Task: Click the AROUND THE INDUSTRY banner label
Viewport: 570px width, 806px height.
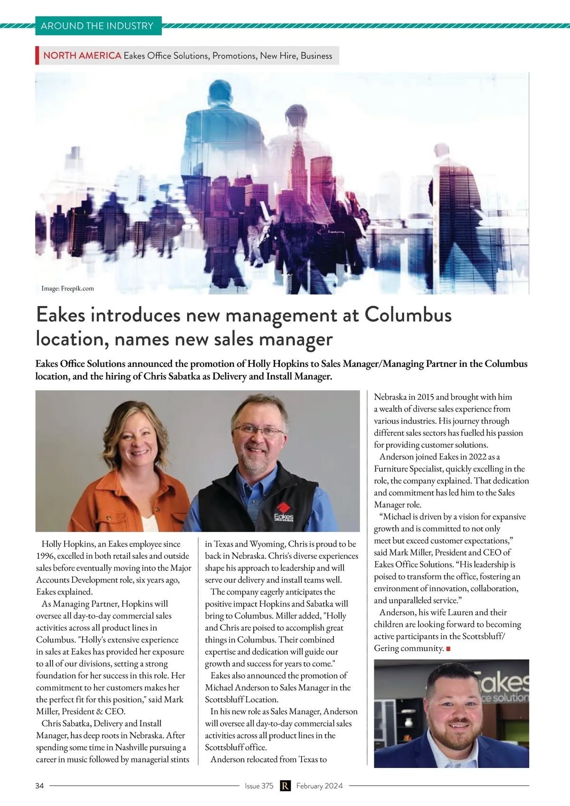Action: click(x=97, y=26)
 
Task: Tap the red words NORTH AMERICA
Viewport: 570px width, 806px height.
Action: click(x=82, y=56)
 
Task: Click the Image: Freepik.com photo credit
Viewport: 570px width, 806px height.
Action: click(x=67, y=288)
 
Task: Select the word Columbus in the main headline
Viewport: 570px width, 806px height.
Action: click(x=408, y=315)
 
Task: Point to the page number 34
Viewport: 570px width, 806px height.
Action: click(x=39, y=786)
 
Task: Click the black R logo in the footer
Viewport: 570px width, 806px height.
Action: click(x=285, y=786)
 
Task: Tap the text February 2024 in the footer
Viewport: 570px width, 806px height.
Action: click(x=319, y=786)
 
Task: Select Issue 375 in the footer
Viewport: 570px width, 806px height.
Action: click(x=259, y=786)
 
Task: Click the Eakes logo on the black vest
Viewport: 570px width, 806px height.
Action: click(x=284, y=512)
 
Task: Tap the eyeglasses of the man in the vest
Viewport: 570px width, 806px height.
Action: click(x=258, y=431)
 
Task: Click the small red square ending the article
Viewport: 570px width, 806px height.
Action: click(x=448, y=649)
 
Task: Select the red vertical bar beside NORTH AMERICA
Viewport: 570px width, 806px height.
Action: click(x=37, y=56)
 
